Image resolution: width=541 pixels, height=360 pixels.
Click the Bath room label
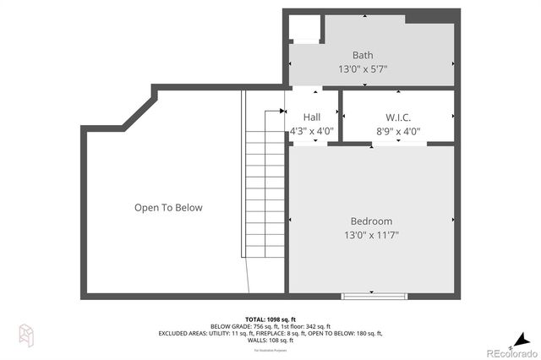(363, 55)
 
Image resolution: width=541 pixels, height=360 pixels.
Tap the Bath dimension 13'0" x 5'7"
(363, 69)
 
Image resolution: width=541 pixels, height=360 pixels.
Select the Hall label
(312, 117)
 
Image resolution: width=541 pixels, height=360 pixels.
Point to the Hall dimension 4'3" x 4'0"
(312, 131)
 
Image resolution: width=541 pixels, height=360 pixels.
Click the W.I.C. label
(398, 117)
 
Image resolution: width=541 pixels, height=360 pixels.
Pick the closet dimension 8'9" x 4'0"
(398, 131)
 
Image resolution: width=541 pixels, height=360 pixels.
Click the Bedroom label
(371, 221)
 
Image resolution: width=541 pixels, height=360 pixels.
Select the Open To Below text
(168, 207)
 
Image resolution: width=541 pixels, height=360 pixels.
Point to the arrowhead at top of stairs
(281, 110)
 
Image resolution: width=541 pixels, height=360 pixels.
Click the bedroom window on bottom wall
(373, 296)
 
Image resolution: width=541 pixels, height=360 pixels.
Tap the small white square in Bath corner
(303, 29)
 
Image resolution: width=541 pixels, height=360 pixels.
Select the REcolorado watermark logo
(510, 352)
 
